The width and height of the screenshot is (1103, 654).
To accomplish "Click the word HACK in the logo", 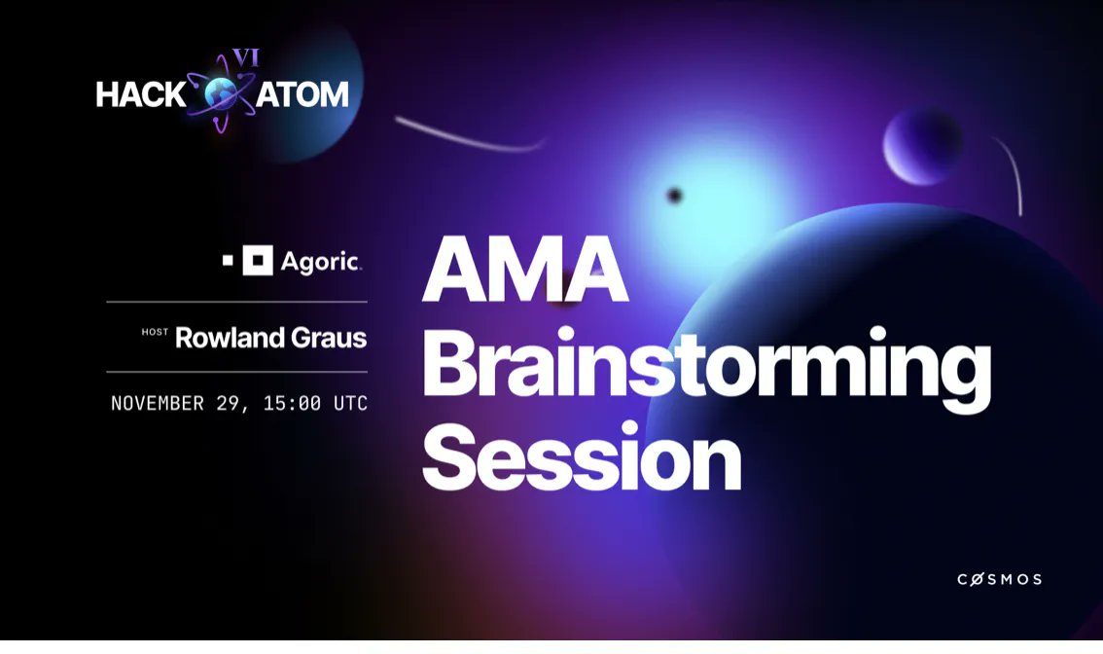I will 141,94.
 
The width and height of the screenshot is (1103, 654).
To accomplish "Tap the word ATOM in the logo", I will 305,94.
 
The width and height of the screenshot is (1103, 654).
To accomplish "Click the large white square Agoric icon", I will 258,261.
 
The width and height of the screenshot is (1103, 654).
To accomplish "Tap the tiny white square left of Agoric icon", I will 229,261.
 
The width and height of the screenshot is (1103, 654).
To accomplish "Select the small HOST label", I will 155,334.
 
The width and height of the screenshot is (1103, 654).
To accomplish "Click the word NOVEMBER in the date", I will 157,403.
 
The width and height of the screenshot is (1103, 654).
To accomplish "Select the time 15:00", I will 289,403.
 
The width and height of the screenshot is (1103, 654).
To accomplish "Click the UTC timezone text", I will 350,403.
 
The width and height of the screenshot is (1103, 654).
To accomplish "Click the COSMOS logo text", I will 999,579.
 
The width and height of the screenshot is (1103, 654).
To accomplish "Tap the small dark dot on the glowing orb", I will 674,196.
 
